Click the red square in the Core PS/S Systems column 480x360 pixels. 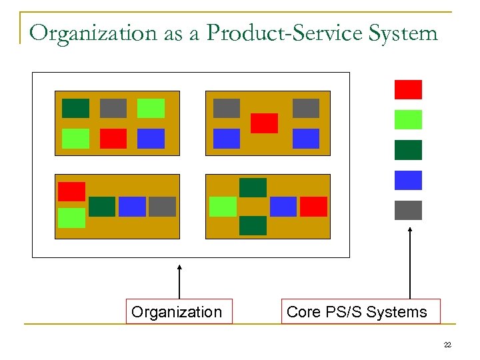click(408, 89)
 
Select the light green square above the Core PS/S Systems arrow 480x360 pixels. click(408, 119)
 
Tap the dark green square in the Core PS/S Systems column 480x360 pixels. click(408, 150)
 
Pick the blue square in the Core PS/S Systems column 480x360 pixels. click(408, 180)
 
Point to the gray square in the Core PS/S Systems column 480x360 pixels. click(408, 210)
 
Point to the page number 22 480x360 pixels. click(447, 345)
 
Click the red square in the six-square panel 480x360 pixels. click(113, 138)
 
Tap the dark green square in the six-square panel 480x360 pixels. click(75, 108)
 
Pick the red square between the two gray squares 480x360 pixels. click(264, 123)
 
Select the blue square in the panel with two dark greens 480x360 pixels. click(283, 207)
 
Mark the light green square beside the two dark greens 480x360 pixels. click(223, 207)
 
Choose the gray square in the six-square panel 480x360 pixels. click(113, 108)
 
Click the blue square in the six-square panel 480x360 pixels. click(151, 138)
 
